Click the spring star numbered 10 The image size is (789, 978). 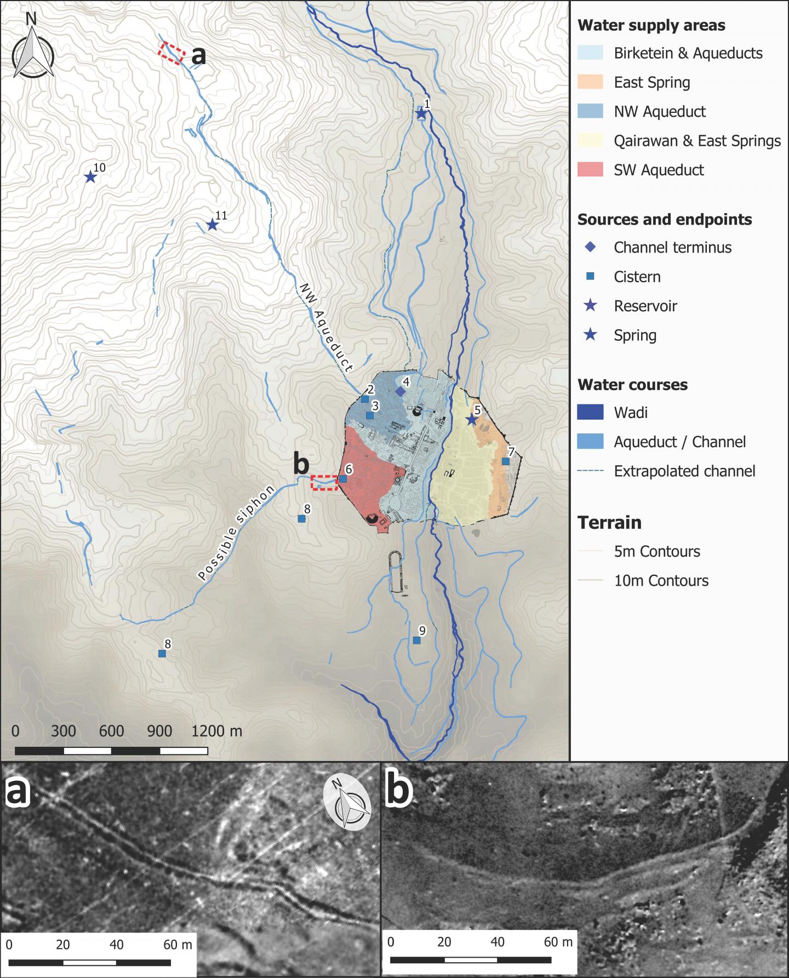[x=90, y=177]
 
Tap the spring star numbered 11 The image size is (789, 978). [x=212, y=225]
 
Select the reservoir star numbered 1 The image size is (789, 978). [x=421, y=113]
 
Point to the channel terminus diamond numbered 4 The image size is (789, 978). [x=401, y=392]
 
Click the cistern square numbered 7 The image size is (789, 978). [x=506, y=461]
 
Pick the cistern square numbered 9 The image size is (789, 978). [x=416, y=640]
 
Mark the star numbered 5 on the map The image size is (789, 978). [x=471, y=420]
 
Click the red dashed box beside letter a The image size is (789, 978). [x=171, y=54]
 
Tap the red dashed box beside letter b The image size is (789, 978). [x=324, y=483]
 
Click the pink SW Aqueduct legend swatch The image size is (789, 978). [x=590, y=170]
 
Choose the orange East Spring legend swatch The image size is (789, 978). [x=590, y=82]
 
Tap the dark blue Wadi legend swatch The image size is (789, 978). [x=590, y=412]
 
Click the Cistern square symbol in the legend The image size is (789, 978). [x=590, y=277]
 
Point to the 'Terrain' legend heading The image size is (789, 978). [x=609, y=522]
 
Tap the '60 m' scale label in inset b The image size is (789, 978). [x=559, y=942]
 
